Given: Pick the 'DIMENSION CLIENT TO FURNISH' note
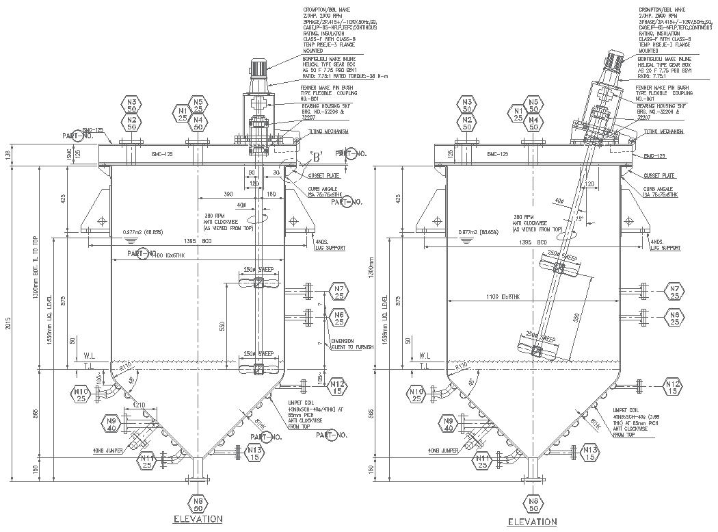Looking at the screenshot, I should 351,344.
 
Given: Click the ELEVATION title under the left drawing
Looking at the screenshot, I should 198,519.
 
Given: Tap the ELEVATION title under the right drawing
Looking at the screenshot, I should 532,522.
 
